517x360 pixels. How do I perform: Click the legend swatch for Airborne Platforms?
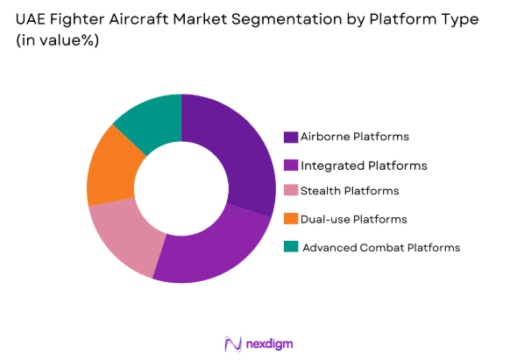coord(290,138)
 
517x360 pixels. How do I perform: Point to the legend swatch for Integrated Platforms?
coord(290,165)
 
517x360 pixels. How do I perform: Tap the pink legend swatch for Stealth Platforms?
coord(290,191)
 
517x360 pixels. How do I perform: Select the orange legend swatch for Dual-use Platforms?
coord(290,219)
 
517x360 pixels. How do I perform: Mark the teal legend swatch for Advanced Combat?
coord(290,247)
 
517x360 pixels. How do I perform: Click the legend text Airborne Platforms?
coord(354,138)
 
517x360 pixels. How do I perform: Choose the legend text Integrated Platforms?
coord(364,165)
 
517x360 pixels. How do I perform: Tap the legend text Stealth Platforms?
coord(350,191)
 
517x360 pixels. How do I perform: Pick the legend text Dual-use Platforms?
coord(353,219)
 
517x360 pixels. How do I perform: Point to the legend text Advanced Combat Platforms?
coord(381,247)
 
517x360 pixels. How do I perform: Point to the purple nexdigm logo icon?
coord(232,342)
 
